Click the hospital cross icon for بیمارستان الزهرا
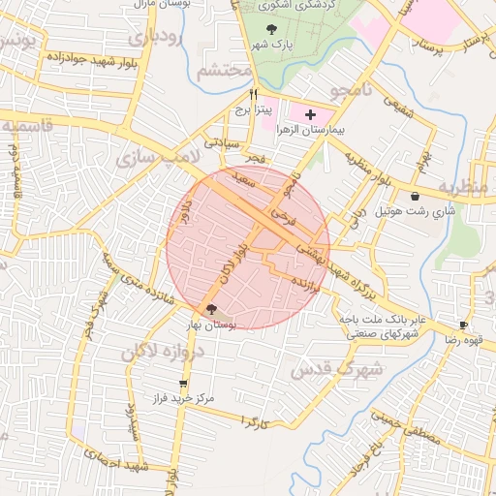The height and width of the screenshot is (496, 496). (309, 115)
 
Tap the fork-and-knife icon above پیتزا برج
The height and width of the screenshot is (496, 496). (254, 95)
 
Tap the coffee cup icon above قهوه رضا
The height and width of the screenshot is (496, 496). (463, 325)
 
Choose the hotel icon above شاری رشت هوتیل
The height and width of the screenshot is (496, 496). (415, 196)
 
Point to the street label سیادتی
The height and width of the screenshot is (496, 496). (220, 142)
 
